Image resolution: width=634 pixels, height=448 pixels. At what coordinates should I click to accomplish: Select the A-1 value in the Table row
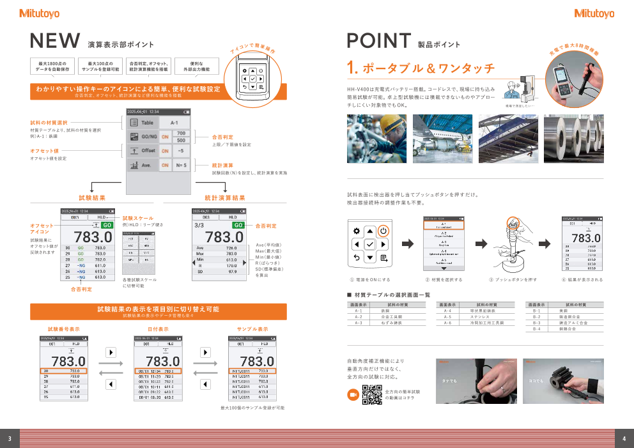pyautogui.click(x=174, y=123)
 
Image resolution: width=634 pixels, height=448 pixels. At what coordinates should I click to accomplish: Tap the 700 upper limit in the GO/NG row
pyautogui.click(x=181, y=133)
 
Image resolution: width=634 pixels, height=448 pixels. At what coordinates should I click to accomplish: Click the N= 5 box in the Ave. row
pyautogui.click(x=181, y=166)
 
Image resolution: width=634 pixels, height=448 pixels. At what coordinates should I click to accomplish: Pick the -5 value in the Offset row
pyautogui.click(x=181, y=151)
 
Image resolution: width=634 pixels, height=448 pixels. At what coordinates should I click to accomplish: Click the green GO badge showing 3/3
pyautogui.click(x=238, y=225)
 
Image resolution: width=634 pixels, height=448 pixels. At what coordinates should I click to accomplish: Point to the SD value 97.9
pyautogui.click(x=231, y=272)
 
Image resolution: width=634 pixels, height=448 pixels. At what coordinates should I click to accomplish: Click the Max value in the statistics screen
pyautogui.click(x=231, y=254)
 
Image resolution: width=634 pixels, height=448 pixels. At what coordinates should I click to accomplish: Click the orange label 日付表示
pyautogui.click(x=158, y=329)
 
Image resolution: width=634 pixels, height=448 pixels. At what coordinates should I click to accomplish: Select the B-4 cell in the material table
pyautogui.click(x=536, y=329)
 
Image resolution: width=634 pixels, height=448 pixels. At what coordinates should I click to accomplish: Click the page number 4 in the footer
pyautogui.click(x=624, y=438)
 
